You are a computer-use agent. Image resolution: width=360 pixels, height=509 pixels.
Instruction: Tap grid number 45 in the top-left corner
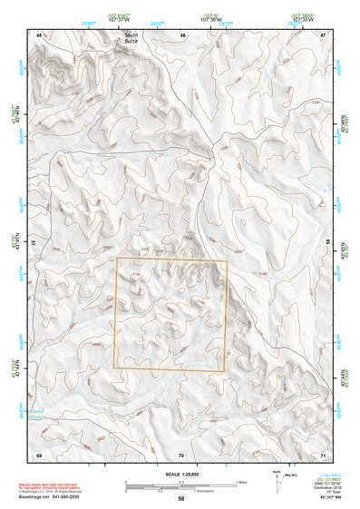pos(39,34)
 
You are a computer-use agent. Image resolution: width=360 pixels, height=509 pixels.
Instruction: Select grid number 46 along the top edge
pos(182,34)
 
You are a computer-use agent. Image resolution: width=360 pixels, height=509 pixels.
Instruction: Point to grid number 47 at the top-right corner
pos(323,34)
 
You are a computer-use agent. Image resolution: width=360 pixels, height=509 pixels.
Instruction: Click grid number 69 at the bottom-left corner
pos(39,454)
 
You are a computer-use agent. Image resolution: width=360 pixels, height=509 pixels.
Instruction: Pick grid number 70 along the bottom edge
pos(181,454)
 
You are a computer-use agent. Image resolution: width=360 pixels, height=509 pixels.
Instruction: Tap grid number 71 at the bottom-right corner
pos(323,454)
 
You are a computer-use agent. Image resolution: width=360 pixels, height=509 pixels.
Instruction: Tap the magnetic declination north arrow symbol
pos(277,478)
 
